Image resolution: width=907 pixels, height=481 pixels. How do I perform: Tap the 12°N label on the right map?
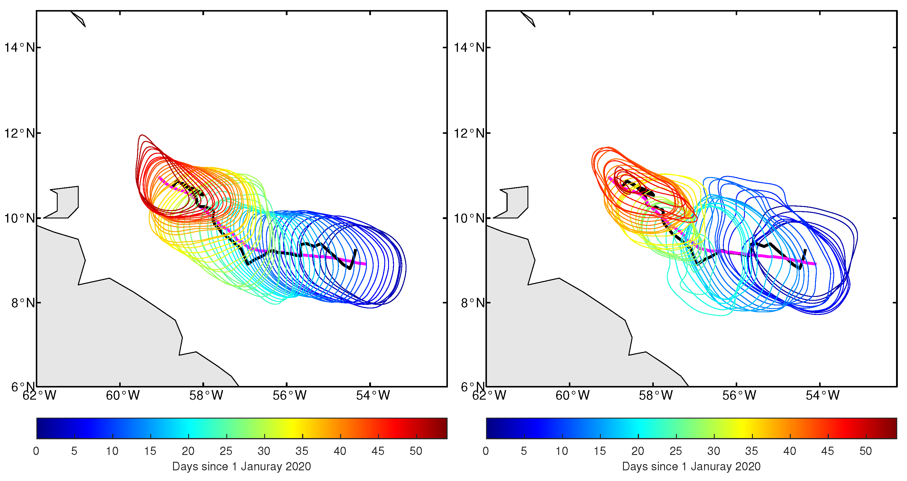pos(469,133)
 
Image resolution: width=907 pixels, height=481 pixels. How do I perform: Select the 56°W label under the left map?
pos(289,396)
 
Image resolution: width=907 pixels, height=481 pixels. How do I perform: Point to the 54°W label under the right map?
pos(822,396)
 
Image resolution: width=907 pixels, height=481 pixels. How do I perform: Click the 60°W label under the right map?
pos(572,396)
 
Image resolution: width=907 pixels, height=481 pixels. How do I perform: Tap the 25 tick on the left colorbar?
pos(226,451)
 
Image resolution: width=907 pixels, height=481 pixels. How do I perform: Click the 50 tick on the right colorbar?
pos(866,451)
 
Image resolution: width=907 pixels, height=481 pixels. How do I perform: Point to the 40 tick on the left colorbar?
pos(340,451)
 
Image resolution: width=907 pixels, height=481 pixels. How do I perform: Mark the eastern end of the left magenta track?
pos(365,264)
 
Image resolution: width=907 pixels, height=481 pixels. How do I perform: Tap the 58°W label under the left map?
pos(206,396)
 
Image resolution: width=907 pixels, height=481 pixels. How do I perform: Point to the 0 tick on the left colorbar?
pos(36,451)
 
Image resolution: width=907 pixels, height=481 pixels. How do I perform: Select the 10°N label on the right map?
pos(469,218)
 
